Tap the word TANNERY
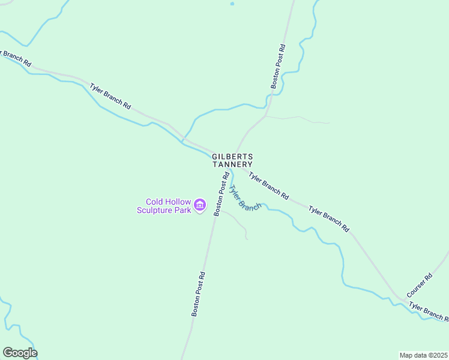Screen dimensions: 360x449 point(232,164)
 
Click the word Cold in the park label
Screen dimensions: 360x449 point(156,202)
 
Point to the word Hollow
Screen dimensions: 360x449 point(179,202)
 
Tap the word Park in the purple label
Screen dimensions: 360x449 point(183,210)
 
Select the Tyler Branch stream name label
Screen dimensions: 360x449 point(244,197)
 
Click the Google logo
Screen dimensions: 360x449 point(20,353)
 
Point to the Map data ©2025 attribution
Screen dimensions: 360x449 point(423,355)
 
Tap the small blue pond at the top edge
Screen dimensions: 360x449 point(232,4)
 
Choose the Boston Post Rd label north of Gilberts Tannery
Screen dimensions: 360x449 point(277,66)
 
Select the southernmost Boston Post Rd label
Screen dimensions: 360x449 point(199,294)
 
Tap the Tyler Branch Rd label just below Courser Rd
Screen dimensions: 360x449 point(429,313)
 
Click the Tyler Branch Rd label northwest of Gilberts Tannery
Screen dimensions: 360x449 point(110,95)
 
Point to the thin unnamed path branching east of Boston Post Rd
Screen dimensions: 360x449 point(297,118)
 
